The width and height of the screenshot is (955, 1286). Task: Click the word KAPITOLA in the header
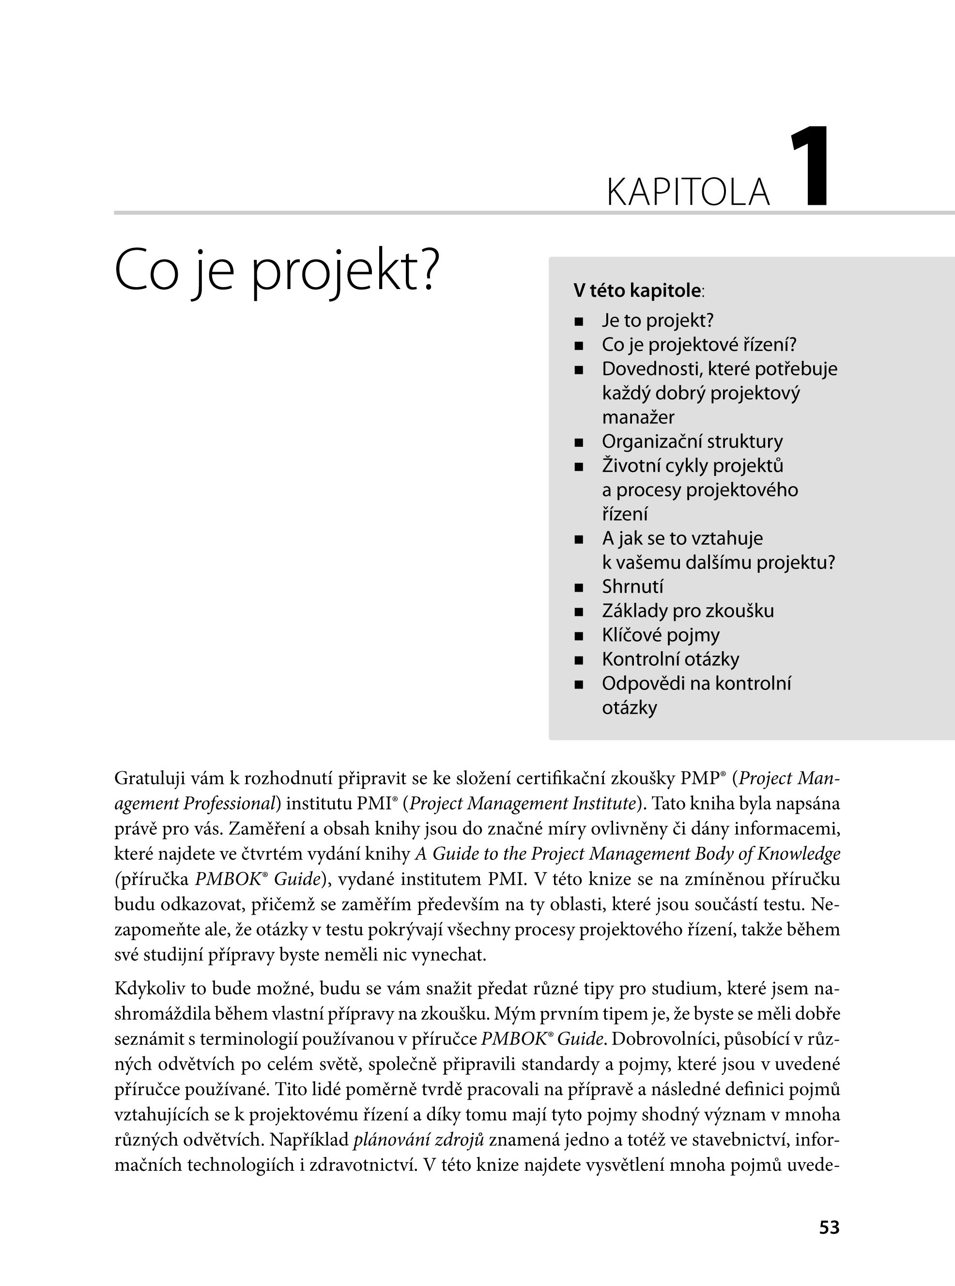click(688, 193)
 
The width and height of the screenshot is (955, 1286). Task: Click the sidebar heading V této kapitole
click(637, 291)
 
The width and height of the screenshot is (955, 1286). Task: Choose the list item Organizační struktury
click(692, 442)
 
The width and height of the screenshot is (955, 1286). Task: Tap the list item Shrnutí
click(632, 587)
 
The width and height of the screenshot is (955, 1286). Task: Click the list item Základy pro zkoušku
click(687, 611)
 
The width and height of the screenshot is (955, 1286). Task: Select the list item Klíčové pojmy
click(661, 635)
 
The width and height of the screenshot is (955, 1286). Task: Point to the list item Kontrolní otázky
click(671, 659)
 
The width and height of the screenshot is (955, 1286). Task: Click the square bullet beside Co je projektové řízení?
click(579, 346)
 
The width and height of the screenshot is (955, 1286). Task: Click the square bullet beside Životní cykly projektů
click(579, 466)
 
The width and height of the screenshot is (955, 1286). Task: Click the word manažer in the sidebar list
click(638, 417)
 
